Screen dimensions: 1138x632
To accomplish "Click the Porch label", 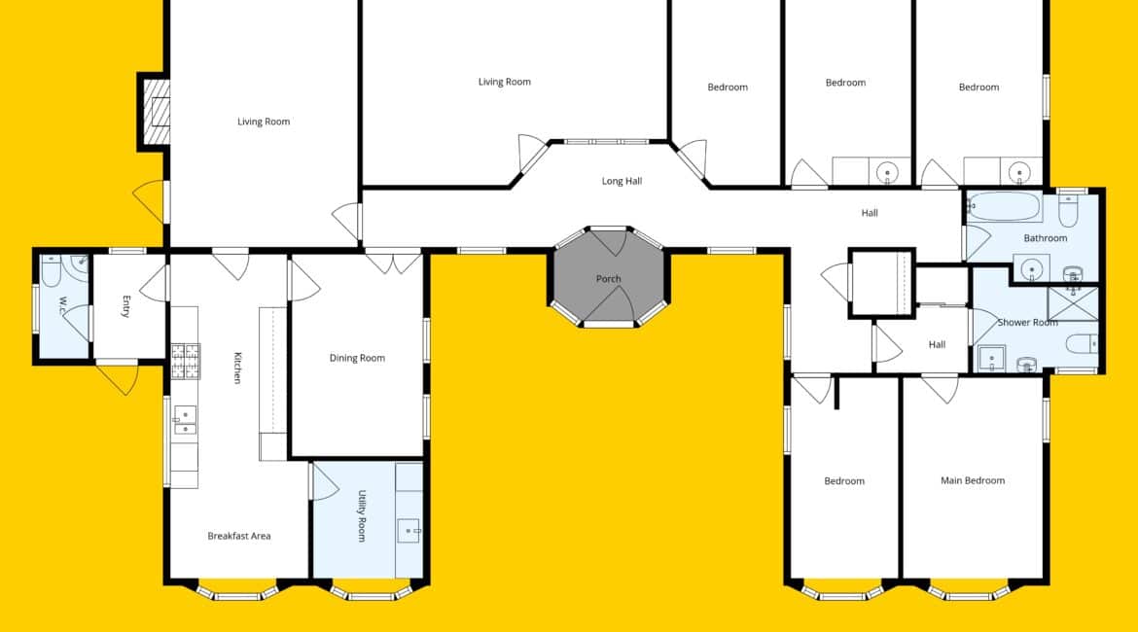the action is pyautogui.click(x=608, y=279).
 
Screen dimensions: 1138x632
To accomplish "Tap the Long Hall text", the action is pyautogui.click(x=622, y=181).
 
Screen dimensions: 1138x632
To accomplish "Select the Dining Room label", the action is pyautogui.click(x=357, y=358).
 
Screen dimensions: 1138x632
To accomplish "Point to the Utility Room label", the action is pyautogui.click(x=362, y=516).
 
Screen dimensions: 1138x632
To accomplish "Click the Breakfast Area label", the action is pyautogui.click(x=238, y=536).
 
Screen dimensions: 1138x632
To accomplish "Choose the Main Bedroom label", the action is pyautogui.click(x=973, y=480).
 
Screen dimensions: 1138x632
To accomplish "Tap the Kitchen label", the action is pyautogui.click(x=237, y=368).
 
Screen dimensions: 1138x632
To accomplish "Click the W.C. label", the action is pyautogui.click(x=63, y=305).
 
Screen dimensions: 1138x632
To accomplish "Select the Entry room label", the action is pyautogui.click(x=126, y=307).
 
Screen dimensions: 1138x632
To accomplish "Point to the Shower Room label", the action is pyautogui.click(x=1027, y=322).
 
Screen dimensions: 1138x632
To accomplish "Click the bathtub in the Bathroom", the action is pyautogui.click(x=1005, y=207).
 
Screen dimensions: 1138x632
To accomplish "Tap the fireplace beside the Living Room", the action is pyautogui.click(x=156, y=112).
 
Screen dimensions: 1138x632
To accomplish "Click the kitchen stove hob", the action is pyautogui.click(x=185, y=362).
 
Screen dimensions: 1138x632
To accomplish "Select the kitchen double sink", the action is pyautogui.click(x=185, y=420).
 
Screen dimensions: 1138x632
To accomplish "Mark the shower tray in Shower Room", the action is pyautogui.click(x=1073, y=303).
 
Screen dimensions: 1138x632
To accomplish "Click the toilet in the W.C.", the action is pyautogui.click(x=51, y=270).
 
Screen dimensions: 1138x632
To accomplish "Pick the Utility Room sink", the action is pyautogui.click(x=409, y=531).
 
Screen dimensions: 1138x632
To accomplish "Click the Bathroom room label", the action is pyautogui.click(x=1045, y=238).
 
